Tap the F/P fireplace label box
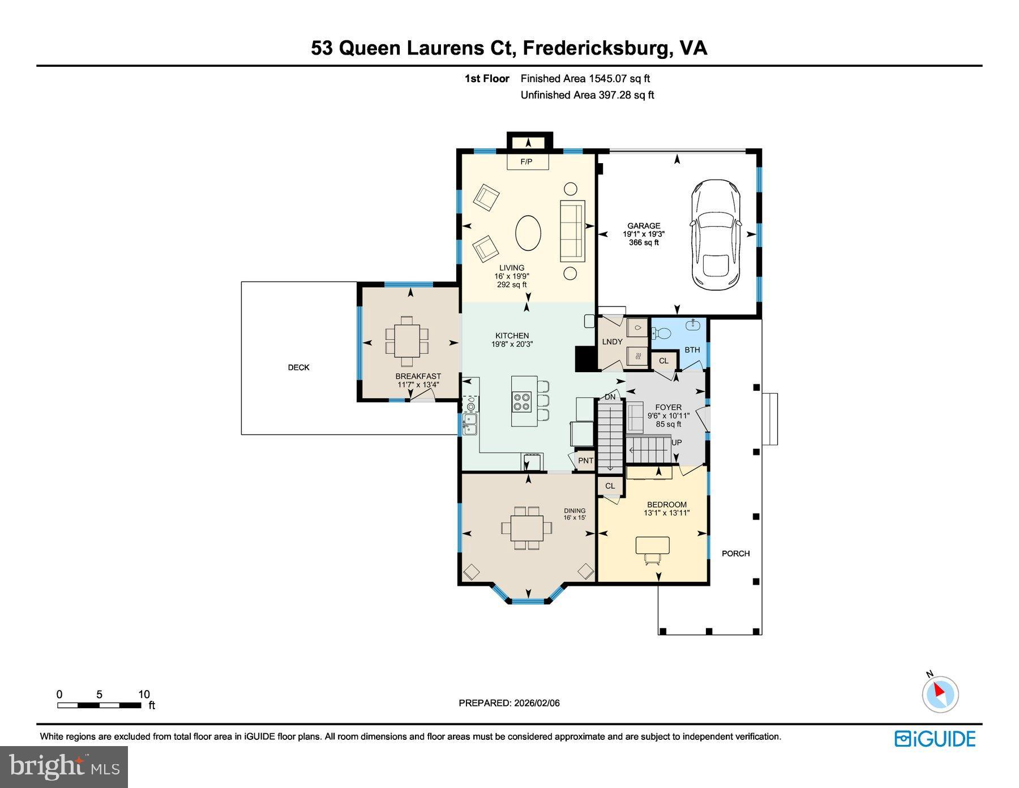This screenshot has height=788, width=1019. [x=526, y=162]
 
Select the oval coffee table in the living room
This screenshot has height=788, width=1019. [x=528, y=232]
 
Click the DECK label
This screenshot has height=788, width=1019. [x=298, y=368]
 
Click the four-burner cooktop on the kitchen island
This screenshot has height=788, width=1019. [x=521, y=402]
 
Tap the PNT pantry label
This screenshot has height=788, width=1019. [x=585, y=461]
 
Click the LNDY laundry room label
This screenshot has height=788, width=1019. [x=612, y=342]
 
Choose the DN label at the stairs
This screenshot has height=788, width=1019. [x=610, y=397]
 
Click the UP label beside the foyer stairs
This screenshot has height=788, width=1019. [x=677, y=442]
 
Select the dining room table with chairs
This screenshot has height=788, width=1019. [x=526, y=528]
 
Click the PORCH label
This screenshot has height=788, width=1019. [x=735, y=553]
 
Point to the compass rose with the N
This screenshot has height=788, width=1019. [x=940, y=693]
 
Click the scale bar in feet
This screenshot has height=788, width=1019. [x=99, y=705]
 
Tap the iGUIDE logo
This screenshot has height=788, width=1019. [x=935, y=739]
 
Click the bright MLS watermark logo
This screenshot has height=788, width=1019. [x=64, y=767]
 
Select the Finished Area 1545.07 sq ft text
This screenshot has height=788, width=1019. [x=585, y=79]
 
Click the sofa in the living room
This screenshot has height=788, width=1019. [x=572, y=231]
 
